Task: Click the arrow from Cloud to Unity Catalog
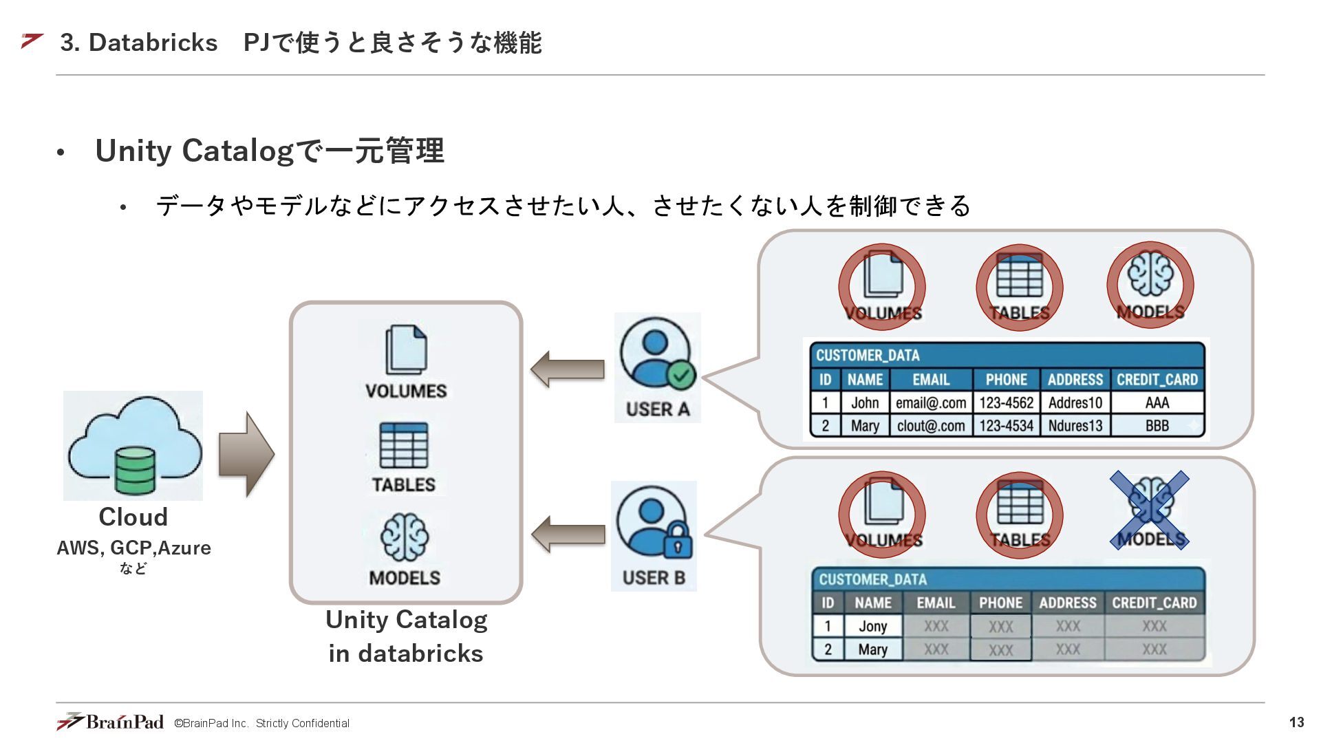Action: (246, 454)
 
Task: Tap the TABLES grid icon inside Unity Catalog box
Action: (404, 445)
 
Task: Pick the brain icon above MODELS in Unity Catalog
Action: (405, 537)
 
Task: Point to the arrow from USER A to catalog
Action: (568, 369)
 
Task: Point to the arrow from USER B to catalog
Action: (568, 534)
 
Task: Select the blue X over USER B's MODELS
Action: (1150, 510)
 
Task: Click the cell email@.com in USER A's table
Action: (931, 403)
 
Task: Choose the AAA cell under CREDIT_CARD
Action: (1157, 403)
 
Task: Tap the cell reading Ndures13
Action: (1075, 426)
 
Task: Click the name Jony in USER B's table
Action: (872, 626)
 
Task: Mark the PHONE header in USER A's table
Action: (1006, 380)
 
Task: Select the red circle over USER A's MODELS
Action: (1150, 284)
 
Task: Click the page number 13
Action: (1296, 722)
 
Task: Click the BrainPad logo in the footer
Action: (111, 722)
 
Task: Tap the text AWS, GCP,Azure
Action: (133, 548)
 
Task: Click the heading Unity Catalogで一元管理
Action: (270, 151)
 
